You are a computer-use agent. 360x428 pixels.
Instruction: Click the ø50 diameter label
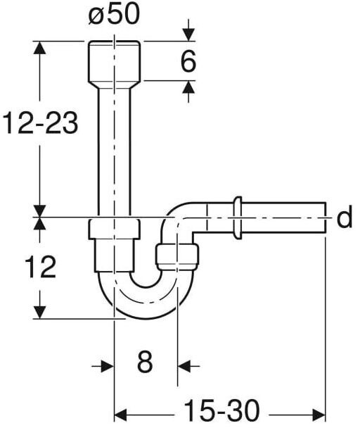pos(114,15)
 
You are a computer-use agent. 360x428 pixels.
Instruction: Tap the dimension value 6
pos(188,61)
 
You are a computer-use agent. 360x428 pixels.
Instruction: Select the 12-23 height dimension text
pos(40,122)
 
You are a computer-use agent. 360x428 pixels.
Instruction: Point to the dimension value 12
pos(40,267)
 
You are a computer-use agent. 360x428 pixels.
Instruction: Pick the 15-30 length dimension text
pos(221,410)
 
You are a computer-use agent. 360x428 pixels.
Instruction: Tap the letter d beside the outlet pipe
pos(345,218)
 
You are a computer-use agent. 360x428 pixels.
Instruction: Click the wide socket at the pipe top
pos(115,65)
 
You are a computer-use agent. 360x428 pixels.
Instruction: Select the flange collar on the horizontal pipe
pos(237,218)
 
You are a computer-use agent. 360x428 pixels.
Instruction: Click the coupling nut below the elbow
pos(177,256)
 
